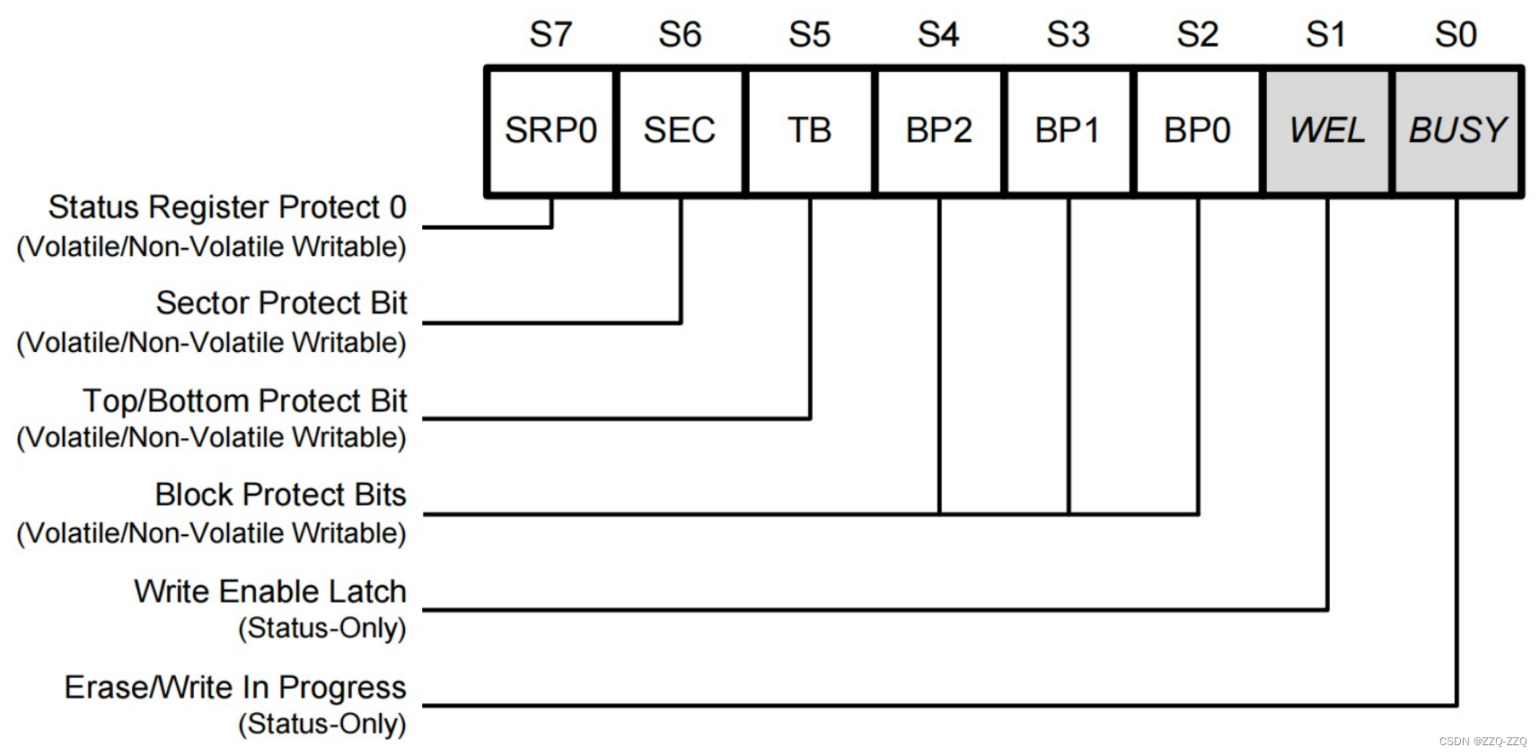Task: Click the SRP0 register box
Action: (x=550, y=131)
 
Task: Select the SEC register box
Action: (x=680, y=131)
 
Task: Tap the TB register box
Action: (x=809, y=131)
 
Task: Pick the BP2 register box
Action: (x=938, y=131)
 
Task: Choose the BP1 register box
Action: (x=1068, y=131)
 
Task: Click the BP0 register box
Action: (x=1197, y=131)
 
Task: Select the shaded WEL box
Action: (x=1327, y=131)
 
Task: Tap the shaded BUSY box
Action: (x=1456, y=131)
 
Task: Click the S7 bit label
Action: (x=550, y=35)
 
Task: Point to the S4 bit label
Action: (x=938, y=35)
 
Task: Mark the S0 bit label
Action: (x=1456, y=35)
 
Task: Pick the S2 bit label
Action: (x=1197, y=35)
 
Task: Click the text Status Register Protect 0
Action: (x=227, y=207)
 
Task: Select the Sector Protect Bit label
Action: (x=281, y=303)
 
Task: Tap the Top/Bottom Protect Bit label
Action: (x=245, y=400)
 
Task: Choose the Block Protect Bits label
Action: (x=280, y=495)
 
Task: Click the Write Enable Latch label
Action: (x=270, y=592)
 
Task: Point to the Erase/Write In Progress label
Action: (x=235, y=688)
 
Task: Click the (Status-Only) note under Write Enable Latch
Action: (x=321, y=629)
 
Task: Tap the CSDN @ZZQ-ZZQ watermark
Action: (x=1483, y=742)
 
